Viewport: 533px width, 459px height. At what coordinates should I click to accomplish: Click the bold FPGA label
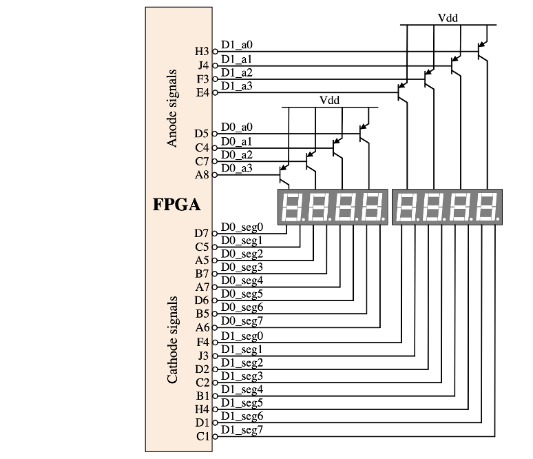[176, 205]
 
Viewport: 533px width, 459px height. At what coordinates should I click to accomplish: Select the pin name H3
[202, 51]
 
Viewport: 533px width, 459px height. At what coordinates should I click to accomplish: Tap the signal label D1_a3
[237, 86]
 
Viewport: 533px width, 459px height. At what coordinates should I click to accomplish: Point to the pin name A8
[202, 174]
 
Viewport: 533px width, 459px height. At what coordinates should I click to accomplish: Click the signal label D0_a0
[237, 127]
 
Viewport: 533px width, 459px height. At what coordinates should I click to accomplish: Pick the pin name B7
[202, 274]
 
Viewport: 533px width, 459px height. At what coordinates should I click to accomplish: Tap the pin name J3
[202, 356]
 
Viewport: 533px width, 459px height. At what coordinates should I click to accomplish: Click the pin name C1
[202, 436]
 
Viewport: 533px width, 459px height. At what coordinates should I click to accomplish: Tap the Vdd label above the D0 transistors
[330, 100]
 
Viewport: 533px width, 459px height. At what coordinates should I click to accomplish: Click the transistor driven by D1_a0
[482, 50]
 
